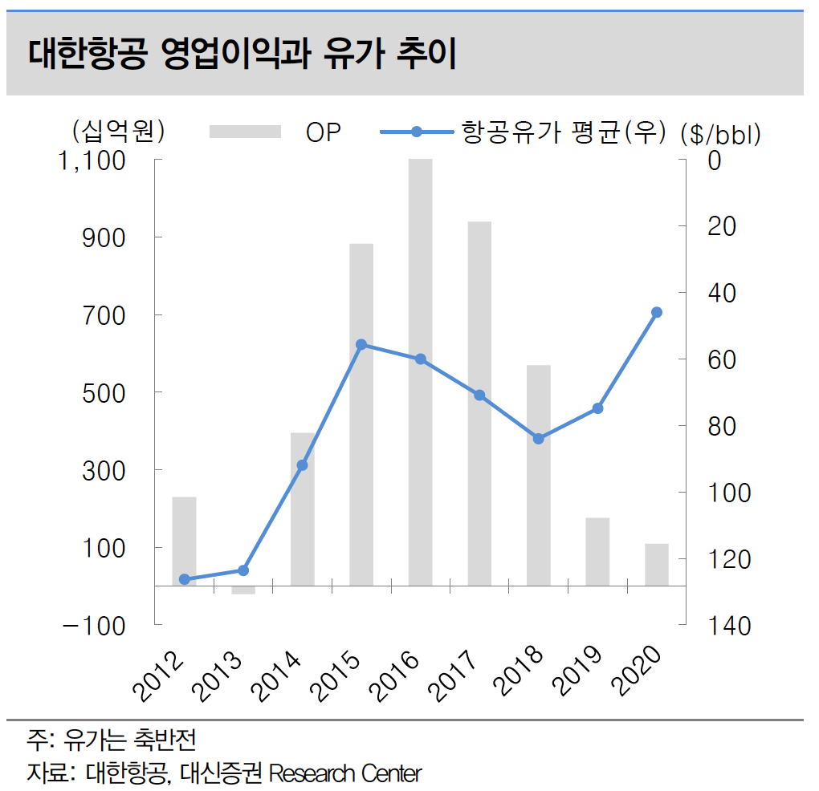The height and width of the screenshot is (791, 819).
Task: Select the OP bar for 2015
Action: pyautogui.click(x=361, y=414)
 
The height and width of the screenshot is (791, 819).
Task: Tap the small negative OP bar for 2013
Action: pyautogui.click(x=243, y=590)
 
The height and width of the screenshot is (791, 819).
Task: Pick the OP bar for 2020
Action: pyautogui.click(x=657, y=565)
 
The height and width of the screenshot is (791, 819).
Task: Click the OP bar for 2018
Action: pyautogui.click(x=539, y=475)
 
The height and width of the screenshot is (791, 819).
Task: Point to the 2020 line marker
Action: pyautogui.click(x=657, y=312)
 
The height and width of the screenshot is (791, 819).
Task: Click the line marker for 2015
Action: pyautogui.click(x=361, y=344)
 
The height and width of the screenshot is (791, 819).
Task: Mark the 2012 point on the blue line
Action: pyautogui.click(x=184, y=579)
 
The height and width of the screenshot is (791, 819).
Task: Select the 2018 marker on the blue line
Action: pyautogui.click(x=539, y=439)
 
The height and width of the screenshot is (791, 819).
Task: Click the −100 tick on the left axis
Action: pyautogui.click(x=95, y=625)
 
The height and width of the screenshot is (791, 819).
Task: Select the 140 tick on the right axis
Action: pyautogui.click(x=729, y=625)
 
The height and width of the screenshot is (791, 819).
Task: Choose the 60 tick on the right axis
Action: pyautogui.click(x=722, y=359)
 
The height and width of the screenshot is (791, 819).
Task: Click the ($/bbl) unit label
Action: pyautogui.click(x=720, y=134)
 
